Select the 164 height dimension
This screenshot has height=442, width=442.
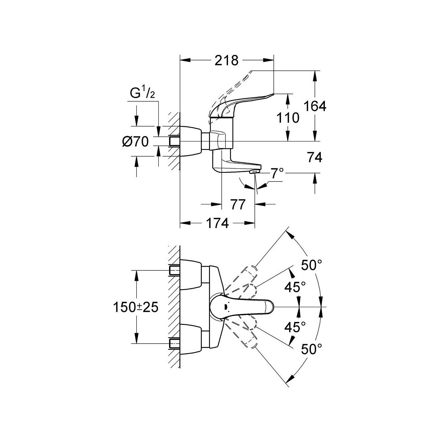click(x=315, y=106)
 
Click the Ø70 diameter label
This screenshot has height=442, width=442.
click(x=135, y=141)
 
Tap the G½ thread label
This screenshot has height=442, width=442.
click(x=142, y=94)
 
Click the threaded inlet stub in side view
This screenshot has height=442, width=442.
click(x=174, y=141)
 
